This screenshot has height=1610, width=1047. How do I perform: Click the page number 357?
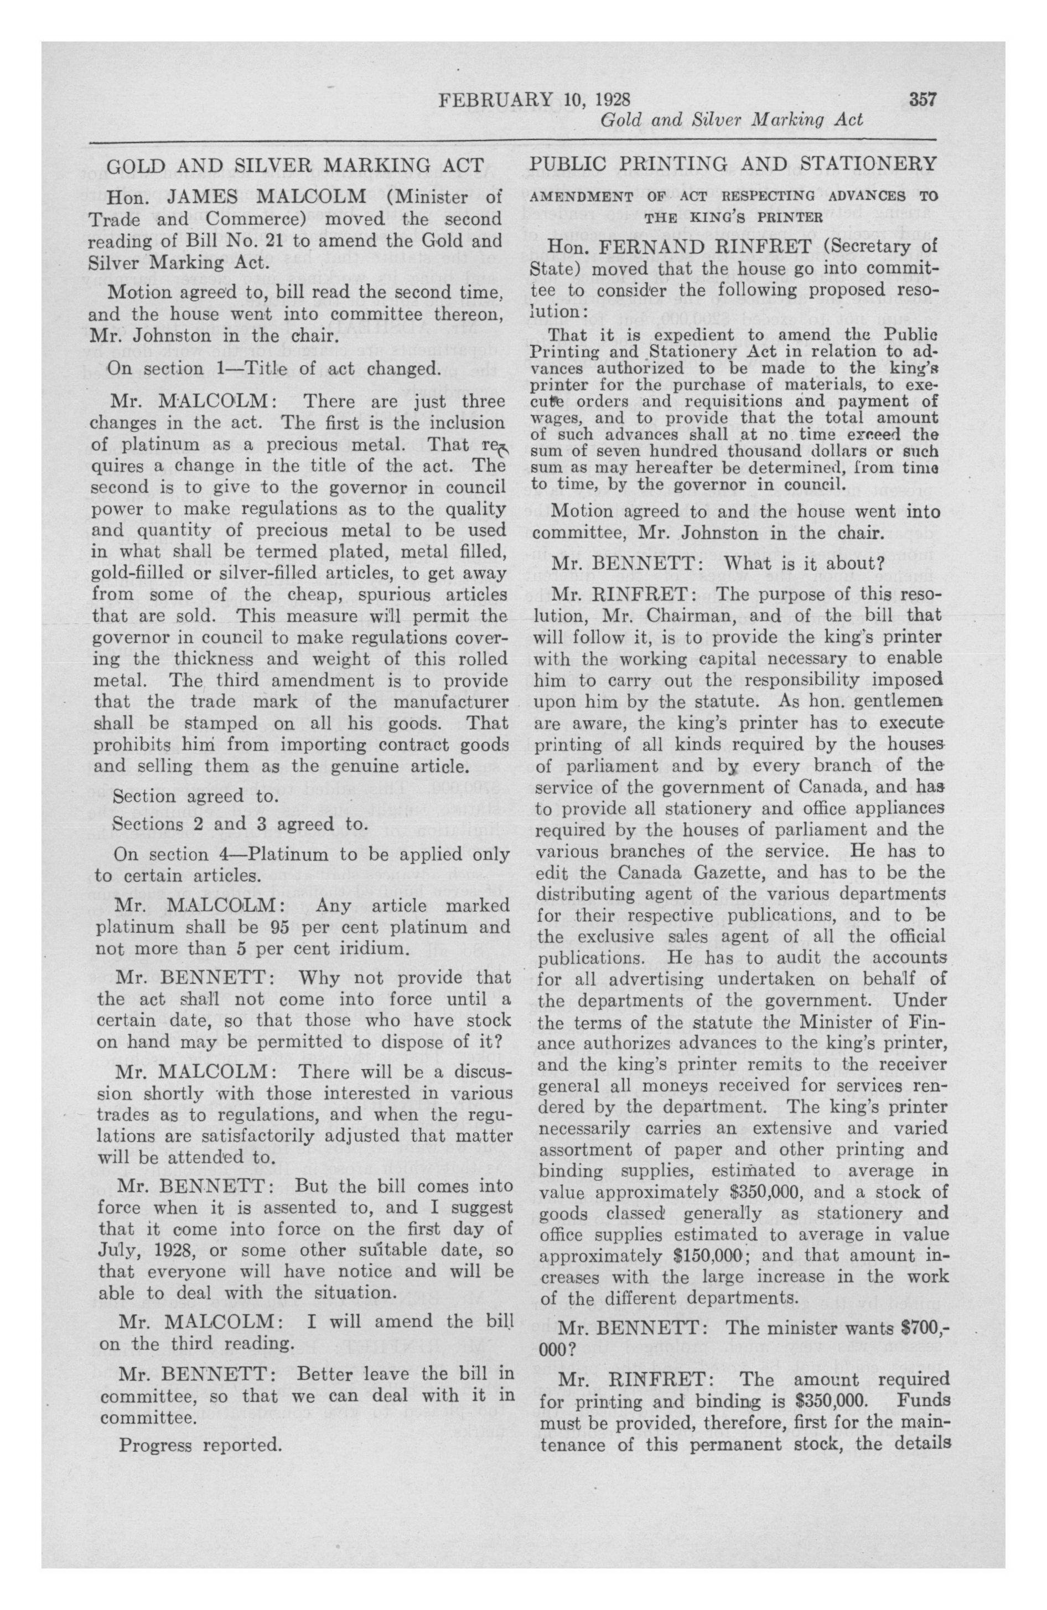(922, 100)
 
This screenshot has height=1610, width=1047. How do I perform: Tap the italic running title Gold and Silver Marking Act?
(732, 120)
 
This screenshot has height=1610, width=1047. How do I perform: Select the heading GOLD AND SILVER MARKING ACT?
(296, 165)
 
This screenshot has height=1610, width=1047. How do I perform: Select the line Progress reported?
(200, 1446)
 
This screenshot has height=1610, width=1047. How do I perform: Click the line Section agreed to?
(196, 796)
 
